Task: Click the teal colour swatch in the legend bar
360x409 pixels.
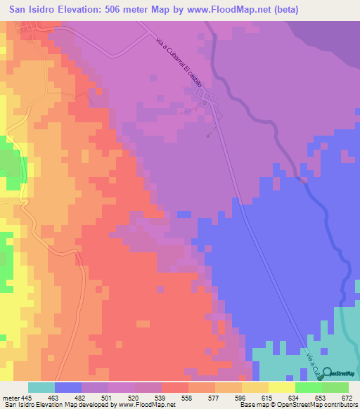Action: coord(41,387)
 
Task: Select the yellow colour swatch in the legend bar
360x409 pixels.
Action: coord(281,387)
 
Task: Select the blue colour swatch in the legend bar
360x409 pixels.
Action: coord(68,387)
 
